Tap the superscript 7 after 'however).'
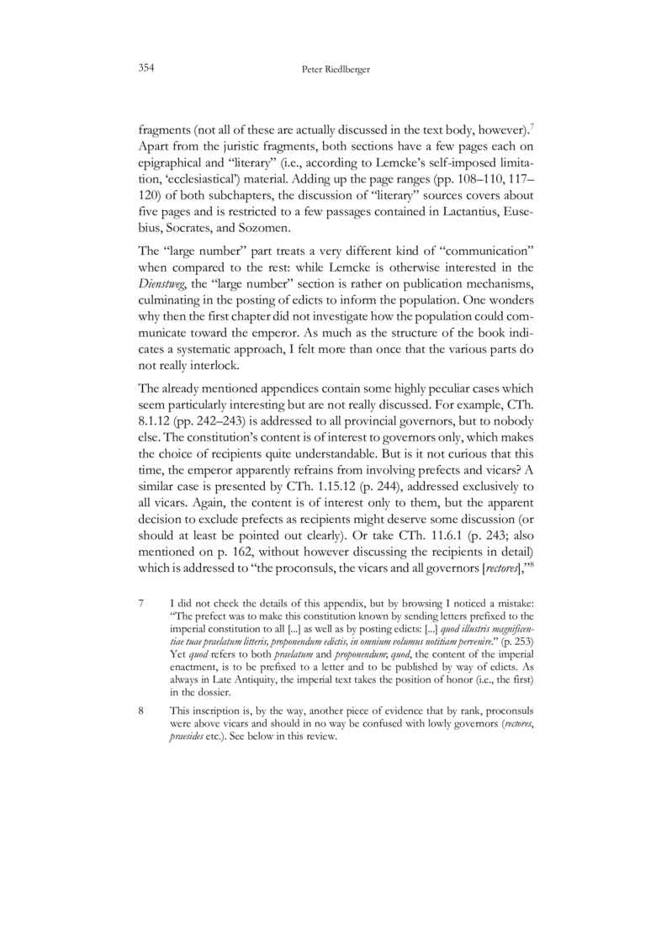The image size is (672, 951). (530, 127)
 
